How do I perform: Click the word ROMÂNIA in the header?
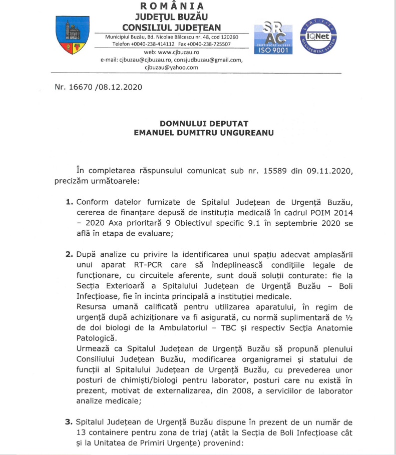(x=173, y=7)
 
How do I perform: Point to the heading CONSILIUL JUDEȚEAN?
(x=172, y=27)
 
